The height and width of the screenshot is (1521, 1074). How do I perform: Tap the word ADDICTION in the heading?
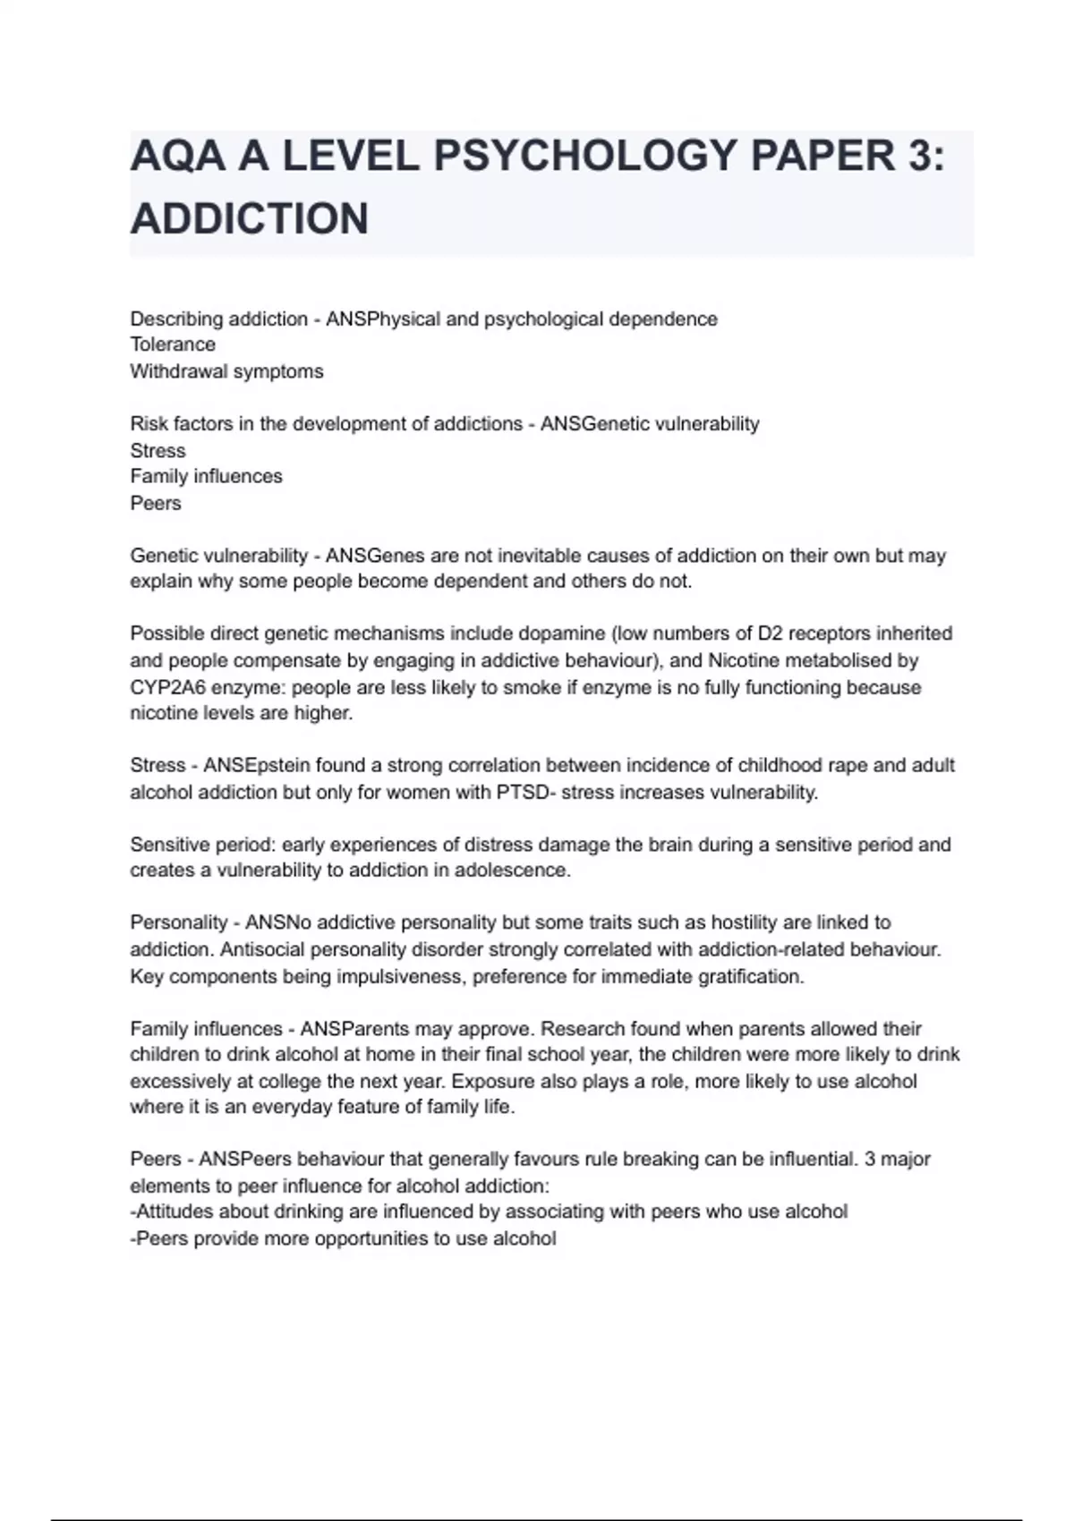point(250,219)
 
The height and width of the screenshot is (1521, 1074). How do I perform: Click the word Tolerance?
point(173,344)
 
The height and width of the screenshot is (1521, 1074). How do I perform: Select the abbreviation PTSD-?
point(523,793)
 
